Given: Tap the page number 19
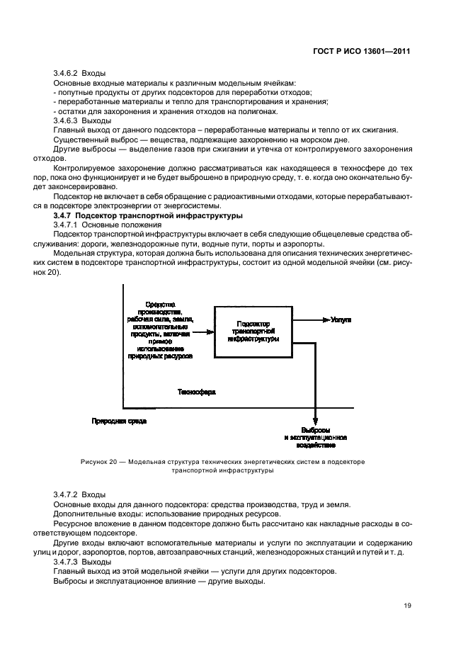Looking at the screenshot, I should (x=406, y=605).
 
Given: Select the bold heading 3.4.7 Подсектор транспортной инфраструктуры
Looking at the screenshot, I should (x=149, y=215).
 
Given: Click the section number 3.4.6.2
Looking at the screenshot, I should (x=66, y=73).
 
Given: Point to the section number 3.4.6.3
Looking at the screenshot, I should (x=66, y=120).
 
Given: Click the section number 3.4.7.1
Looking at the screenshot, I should (x=66, y=224).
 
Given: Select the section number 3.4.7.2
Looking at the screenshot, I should (x=66, y=494).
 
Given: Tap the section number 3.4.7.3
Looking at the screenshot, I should (x=66, y=562).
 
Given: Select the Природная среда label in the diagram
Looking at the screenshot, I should (x=119, y=421).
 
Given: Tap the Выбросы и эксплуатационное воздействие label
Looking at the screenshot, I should (x=316, y=438).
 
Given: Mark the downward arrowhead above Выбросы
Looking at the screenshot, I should (x=316, y=423).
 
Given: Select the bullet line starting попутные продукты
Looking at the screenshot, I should (x=183, y=92).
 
